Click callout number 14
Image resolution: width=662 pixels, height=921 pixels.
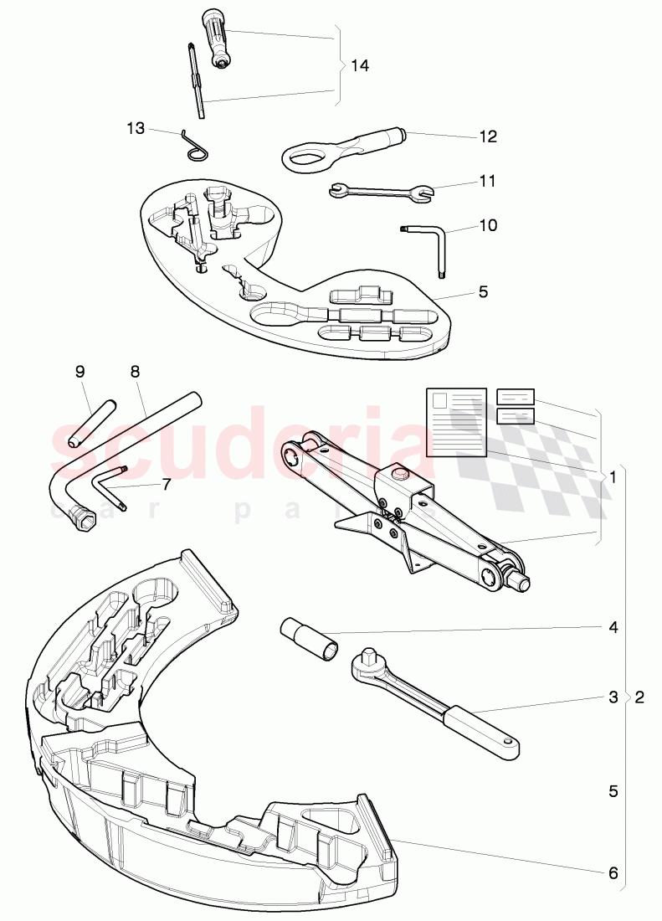pos(359,65)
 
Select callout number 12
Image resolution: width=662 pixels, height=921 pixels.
pos(487,136)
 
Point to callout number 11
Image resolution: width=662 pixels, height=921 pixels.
pos(487,181)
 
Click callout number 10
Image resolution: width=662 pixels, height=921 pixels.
pos(487,225)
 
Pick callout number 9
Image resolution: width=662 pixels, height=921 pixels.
pos(80,371)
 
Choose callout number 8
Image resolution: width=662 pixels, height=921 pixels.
pos(136,371)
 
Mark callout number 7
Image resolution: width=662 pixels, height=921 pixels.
pos(166,484)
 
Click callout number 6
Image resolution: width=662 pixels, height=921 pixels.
pos(613,872)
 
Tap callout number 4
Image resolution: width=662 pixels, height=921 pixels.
pos(613,626)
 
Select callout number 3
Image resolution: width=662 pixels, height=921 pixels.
pos(613,697)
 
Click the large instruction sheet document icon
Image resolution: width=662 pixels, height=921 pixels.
pos(456,421)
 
